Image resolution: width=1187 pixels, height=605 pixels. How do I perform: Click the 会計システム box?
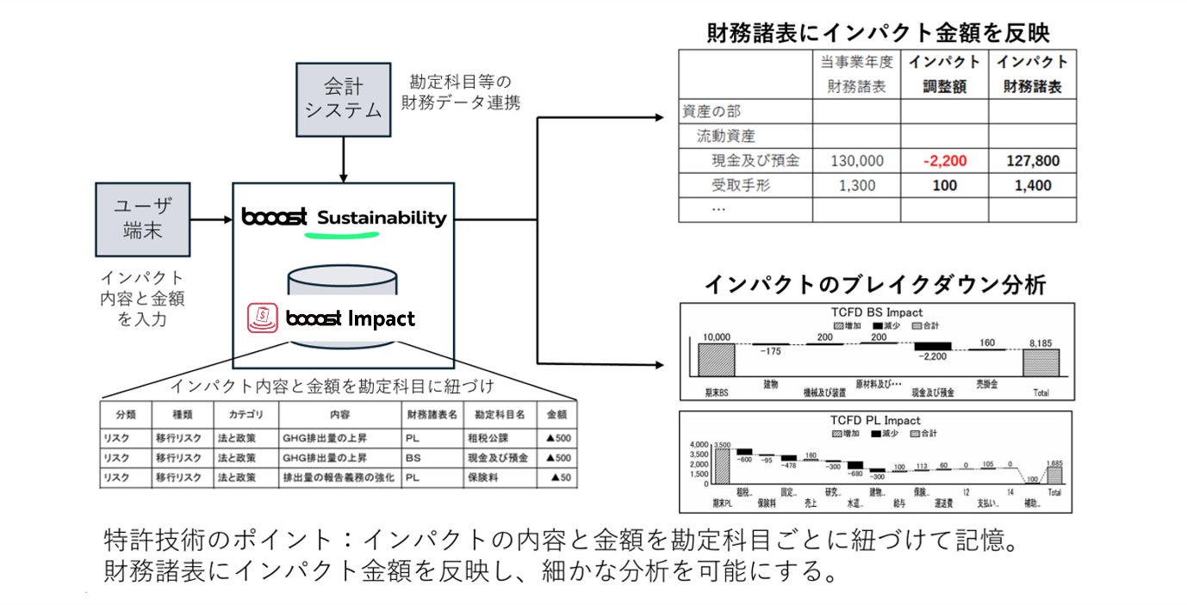(x=344, y=99)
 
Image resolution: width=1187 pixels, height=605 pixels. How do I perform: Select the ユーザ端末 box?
(x=143, y=219)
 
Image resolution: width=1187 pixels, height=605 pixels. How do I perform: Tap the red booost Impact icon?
(x=264, y=318)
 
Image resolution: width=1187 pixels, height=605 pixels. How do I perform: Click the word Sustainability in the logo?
(x=382, y=218)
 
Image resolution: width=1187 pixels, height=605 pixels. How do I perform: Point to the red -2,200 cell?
(x=944, y=161)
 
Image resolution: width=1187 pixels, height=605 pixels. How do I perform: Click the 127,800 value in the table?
(x=1032, y=161)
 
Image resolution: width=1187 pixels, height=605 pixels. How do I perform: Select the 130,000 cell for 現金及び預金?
(x=857, y=161)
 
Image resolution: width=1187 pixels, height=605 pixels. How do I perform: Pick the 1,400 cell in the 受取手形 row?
(x=1032, y=185)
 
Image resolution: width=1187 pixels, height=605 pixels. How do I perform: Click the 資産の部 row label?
(x=712, y=111)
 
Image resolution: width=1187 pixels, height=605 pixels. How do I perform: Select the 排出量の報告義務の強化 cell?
(x=339, y=478)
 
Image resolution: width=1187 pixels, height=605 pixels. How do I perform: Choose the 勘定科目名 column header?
(x=499, y=414)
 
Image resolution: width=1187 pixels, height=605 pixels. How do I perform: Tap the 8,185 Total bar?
(x=1041, y=361)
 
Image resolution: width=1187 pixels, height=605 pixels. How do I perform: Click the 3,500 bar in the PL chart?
(x=721, y=466)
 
